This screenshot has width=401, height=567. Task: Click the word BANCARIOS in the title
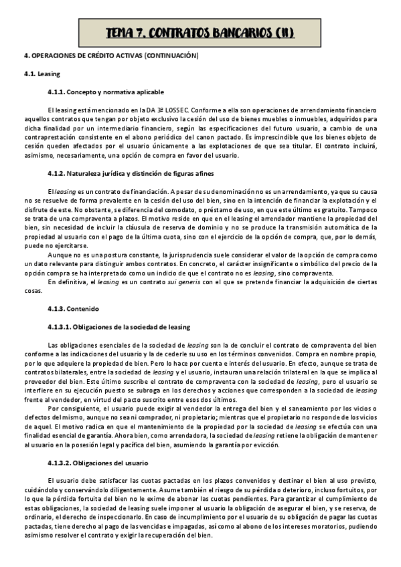click(236, 32)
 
